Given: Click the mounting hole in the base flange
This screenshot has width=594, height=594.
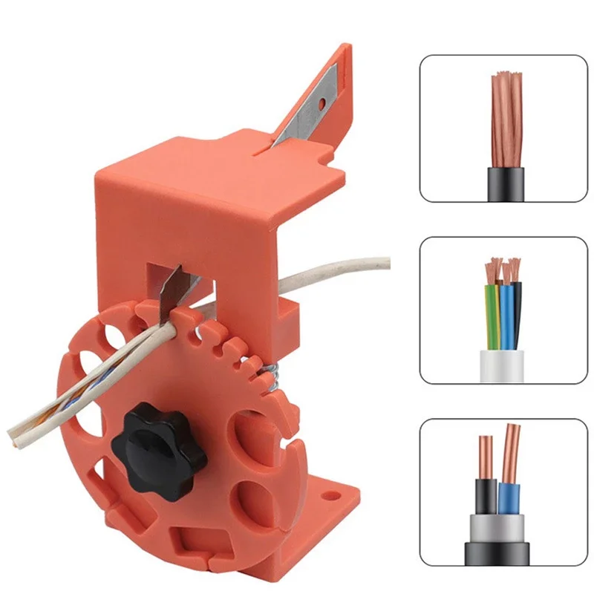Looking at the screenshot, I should (x=324, y=490).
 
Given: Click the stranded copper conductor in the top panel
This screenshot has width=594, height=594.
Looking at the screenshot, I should (x=506, y=119).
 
